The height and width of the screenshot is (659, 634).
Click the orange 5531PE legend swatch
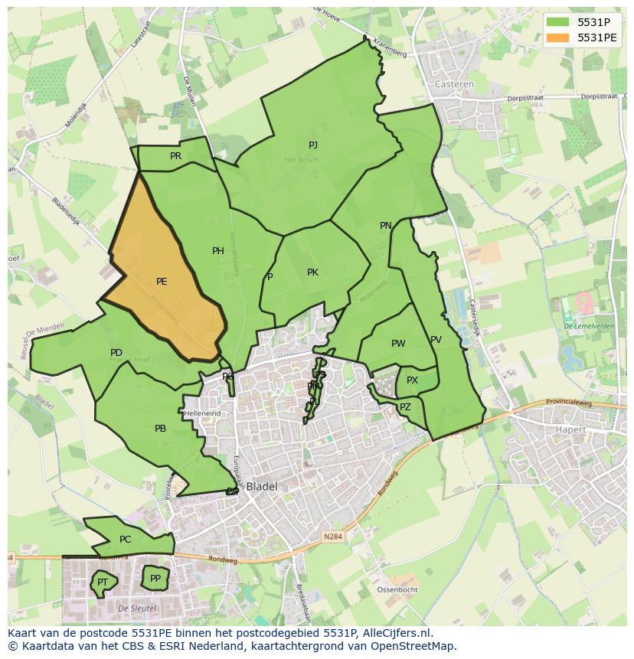point(559,38)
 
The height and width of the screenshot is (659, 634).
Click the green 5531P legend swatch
point(559,21)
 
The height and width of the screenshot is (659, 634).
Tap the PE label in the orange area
point(162,282)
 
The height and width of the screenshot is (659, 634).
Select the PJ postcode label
point(313,145)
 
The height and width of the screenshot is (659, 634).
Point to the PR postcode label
point(175,156)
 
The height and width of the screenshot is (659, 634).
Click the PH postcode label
point(218,251)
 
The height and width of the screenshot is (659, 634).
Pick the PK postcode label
point(312,272)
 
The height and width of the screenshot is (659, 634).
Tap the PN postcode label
point(386,226)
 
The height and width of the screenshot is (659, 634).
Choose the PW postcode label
point(398,344)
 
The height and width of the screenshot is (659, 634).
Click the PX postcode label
point(412,380)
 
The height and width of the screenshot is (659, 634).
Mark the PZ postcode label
point(405,407)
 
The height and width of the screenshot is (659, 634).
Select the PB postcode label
point(160,429)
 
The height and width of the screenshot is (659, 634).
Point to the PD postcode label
point(116,353)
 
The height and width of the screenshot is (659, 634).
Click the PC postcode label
point(126,540)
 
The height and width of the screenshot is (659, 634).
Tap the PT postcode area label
point(102,583)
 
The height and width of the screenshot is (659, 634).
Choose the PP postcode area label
point(155,579)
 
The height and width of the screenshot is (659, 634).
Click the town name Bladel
point(261,486)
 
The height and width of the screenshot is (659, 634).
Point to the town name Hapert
point(570,430)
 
